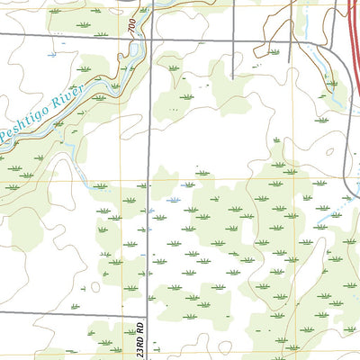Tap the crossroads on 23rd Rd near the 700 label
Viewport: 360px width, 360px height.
click(x=150, y=37)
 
